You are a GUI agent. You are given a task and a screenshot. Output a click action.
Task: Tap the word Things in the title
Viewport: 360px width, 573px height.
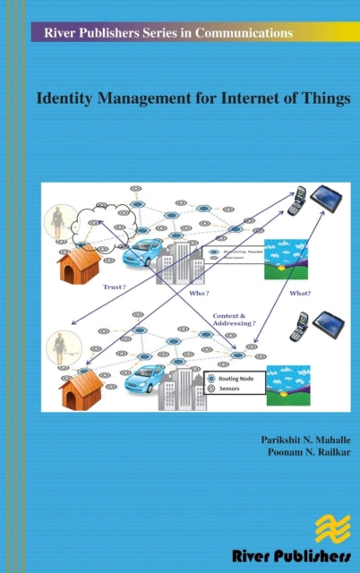click(x=324, y=99)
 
